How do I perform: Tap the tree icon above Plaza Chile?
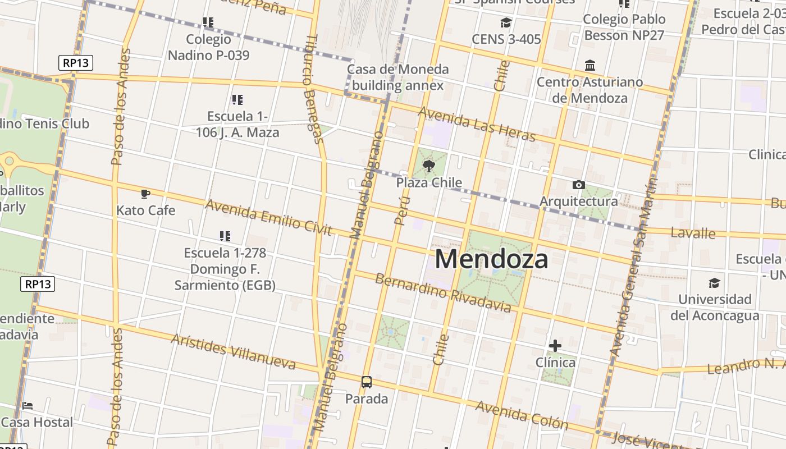[429, 166]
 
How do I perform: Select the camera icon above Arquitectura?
[578, 185]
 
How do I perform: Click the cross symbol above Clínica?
[555, 346]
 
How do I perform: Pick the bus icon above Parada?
[367, 382]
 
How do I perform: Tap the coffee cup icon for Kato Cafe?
[145, 194]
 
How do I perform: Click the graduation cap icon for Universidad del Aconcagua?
[714, 283]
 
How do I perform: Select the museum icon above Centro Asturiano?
[590, 66]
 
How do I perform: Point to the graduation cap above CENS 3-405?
[506, 23]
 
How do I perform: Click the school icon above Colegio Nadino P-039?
[208, 22]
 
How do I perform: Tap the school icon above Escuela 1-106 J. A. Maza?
[237, 100]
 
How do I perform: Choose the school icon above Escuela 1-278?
[225, 236]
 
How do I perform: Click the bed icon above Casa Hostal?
[28, 406]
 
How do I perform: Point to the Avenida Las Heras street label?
[477, 124]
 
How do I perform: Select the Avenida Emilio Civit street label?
[268, 218]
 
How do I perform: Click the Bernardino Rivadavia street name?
[443, 292]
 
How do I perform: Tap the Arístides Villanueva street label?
[233, 351]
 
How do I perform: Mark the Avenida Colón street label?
[522, 414]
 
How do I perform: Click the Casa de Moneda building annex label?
[397, 77]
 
